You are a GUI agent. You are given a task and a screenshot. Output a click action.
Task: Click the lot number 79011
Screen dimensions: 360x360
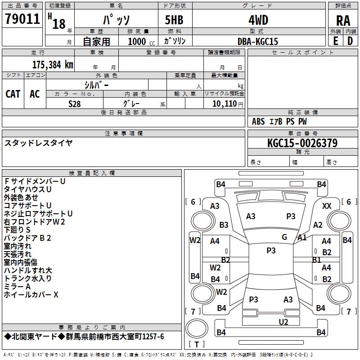pos(22,19)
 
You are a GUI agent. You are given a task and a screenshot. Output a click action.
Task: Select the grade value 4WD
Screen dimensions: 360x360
pos(258,20)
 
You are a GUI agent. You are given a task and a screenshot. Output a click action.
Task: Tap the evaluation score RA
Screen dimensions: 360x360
pos(343,21)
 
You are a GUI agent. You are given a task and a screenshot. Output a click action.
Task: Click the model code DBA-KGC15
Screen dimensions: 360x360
pos(258,41)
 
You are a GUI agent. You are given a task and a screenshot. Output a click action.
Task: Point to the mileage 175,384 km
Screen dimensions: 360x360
pos(53,64)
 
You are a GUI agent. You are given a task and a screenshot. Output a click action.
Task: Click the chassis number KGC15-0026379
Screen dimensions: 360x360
pos(302,143)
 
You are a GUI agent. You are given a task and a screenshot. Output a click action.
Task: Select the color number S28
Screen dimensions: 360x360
pos(75,103)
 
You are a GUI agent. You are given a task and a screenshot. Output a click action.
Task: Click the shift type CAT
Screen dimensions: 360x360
pos(13,94)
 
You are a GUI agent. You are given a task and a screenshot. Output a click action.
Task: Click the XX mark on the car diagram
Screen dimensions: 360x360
pos(327,206)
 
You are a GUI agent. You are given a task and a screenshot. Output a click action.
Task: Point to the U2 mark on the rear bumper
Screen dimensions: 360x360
pos(283,322)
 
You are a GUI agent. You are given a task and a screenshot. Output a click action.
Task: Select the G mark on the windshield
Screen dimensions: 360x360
pos(284,237)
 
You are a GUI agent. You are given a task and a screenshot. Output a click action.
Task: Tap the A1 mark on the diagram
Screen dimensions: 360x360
pos(302,237)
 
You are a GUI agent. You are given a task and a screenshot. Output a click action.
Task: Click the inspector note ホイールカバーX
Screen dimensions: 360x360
pos(31,295)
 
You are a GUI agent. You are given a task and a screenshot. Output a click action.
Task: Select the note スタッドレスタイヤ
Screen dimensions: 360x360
pos(38,143)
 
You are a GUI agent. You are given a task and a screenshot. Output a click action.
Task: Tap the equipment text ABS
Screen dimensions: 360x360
pos(258,121)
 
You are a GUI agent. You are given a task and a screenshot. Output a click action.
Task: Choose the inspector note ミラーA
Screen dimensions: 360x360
pos(17,287)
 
